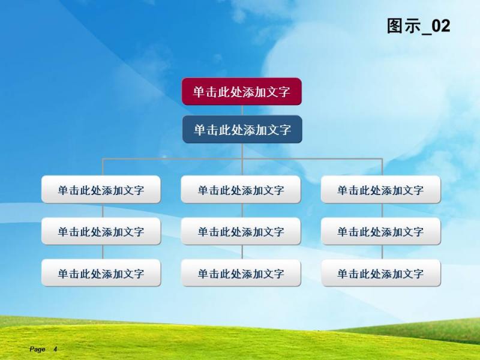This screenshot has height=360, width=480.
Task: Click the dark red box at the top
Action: (242, 92)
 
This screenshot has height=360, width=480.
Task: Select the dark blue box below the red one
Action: (242, 129)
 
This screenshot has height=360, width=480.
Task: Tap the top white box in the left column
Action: (101, 189)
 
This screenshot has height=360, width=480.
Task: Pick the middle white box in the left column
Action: (101, 231)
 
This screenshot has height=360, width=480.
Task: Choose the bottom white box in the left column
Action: (101, 273)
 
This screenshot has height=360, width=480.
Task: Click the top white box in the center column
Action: (241, 189)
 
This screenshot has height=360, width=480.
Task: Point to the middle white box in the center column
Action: (241, 231)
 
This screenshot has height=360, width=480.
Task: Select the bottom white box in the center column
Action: (241, 273)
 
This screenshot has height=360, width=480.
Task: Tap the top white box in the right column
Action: (381, 189)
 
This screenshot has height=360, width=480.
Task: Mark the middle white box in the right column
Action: (381, 231)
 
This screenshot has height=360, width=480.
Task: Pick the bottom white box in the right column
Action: (381, 273)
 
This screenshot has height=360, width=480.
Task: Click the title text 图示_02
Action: (418, 26)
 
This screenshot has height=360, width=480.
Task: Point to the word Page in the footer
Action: (37, 349)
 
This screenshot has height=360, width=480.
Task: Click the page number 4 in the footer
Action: (55, 349)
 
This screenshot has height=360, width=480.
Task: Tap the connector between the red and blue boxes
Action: (242, 110)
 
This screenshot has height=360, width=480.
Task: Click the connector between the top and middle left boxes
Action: (103, 211)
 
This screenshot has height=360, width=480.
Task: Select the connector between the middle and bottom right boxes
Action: (382, 252)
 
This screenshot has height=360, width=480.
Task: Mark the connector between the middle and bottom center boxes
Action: (242, 252)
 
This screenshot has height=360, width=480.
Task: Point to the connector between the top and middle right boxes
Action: (382, 211)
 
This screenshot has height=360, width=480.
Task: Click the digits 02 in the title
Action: (441, 26)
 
